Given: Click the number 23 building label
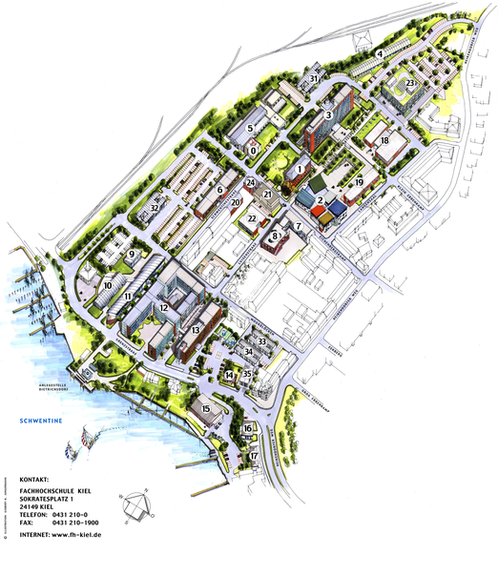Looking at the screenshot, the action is click(409, 84).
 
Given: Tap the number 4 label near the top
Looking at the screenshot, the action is click(379, 53).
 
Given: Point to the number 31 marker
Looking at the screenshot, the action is click(314, 78).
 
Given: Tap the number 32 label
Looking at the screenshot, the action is click(155, 208).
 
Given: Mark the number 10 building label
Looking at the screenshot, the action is click(108, 285).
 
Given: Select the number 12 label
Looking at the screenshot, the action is click(164, 308).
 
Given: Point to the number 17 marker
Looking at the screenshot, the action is click(254, 457).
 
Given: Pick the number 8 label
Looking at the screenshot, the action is click(275, 235).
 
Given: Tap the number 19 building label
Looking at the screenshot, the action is click(360, 181).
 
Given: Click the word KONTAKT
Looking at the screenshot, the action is click(34, 479).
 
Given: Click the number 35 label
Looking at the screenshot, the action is click(247, 374).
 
